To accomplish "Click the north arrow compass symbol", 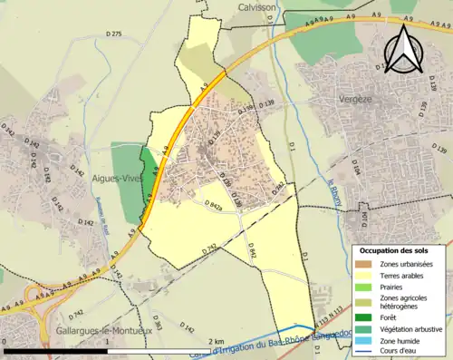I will (x=401, y=46).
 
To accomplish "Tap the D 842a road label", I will (x=214, y=206).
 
